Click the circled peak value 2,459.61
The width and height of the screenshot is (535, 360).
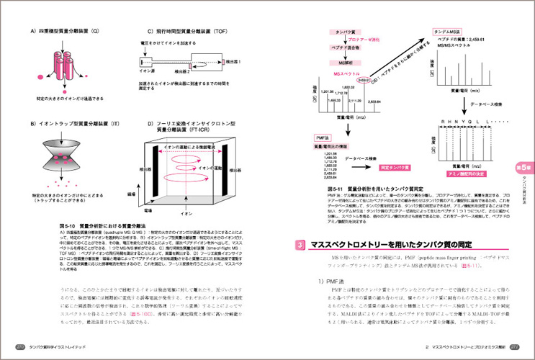coord(363,80)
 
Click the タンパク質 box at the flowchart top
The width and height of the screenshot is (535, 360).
coord(338,32)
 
